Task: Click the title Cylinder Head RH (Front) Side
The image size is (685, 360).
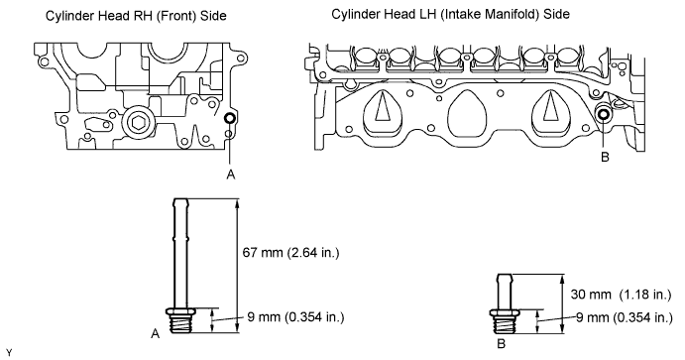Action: (136, 16)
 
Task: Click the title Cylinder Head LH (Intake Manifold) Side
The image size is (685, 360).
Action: (450, 14)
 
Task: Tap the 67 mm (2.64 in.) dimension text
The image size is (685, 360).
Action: (290, 253)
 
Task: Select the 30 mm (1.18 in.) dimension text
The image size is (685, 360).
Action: (621, 294)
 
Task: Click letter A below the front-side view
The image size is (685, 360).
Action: (231, 175)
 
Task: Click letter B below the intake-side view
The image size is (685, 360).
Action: (605, 157)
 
